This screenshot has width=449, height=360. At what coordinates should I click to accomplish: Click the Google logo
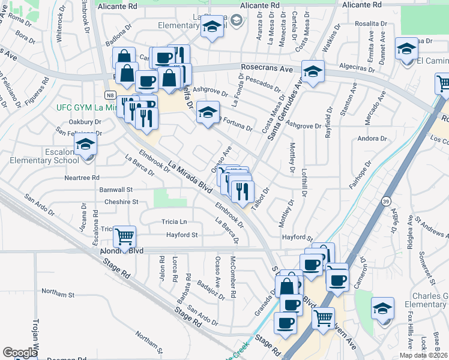click(x=20, y=353)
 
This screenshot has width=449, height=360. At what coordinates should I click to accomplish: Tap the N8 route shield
click(x=109, y=95)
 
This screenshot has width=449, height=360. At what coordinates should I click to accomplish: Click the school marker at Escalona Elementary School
click(x=85, y=146)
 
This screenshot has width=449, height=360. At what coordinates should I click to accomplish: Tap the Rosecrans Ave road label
click(x=271, y=69)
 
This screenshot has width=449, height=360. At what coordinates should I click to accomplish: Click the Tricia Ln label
click(x=174, y=221)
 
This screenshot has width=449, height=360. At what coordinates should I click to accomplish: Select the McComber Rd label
click(x=233, y=271)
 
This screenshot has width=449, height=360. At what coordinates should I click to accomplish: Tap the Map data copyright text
click(x=424, y=355)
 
